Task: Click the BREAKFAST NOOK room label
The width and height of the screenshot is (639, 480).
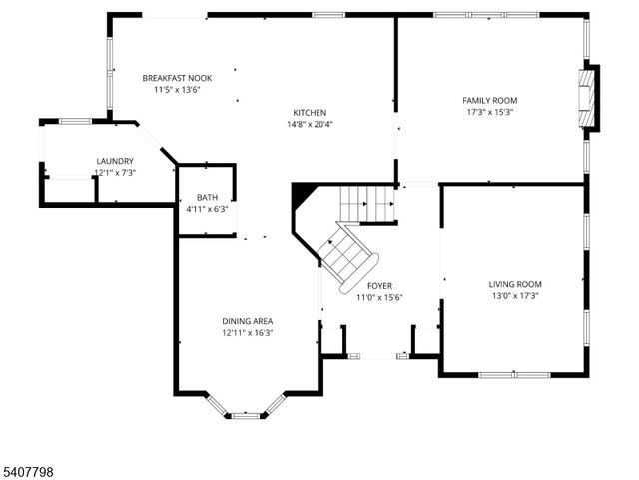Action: (177, 78)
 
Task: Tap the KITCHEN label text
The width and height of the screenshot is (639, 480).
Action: (310, 113)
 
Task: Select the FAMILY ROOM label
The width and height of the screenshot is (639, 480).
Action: (489, 100)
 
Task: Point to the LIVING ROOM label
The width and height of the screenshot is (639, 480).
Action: (514, 284)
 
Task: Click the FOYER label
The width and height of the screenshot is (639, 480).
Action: (379, 286)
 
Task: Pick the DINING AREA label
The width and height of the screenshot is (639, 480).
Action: (247, 321)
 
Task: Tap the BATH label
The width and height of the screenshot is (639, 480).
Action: (207, 198)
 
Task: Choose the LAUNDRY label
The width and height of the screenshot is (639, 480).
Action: (115, 161)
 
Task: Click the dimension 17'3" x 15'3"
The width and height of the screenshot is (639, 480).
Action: (489, 112)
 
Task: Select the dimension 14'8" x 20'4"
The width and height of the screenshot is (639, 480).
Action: (310, 125)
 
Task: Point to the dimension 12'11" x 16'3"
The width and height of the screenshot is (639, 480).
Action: (247, 333)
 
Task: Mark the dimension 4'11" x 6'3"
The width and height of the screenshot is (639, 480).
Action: (207, 209)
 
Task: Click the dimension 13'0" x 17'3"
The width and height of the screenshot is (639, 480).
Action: (514, 296)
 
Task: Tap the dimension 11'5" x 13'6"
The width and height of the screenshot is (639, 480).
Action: (177, 90)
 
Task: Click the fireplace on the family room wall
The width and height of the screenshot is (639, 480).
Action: (590, 98)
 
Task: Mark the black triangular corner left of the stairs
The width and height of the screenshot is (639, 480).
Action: (302, 195)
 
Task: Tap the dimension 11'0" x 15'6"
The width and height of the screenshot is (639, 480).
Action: (379, 298)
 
